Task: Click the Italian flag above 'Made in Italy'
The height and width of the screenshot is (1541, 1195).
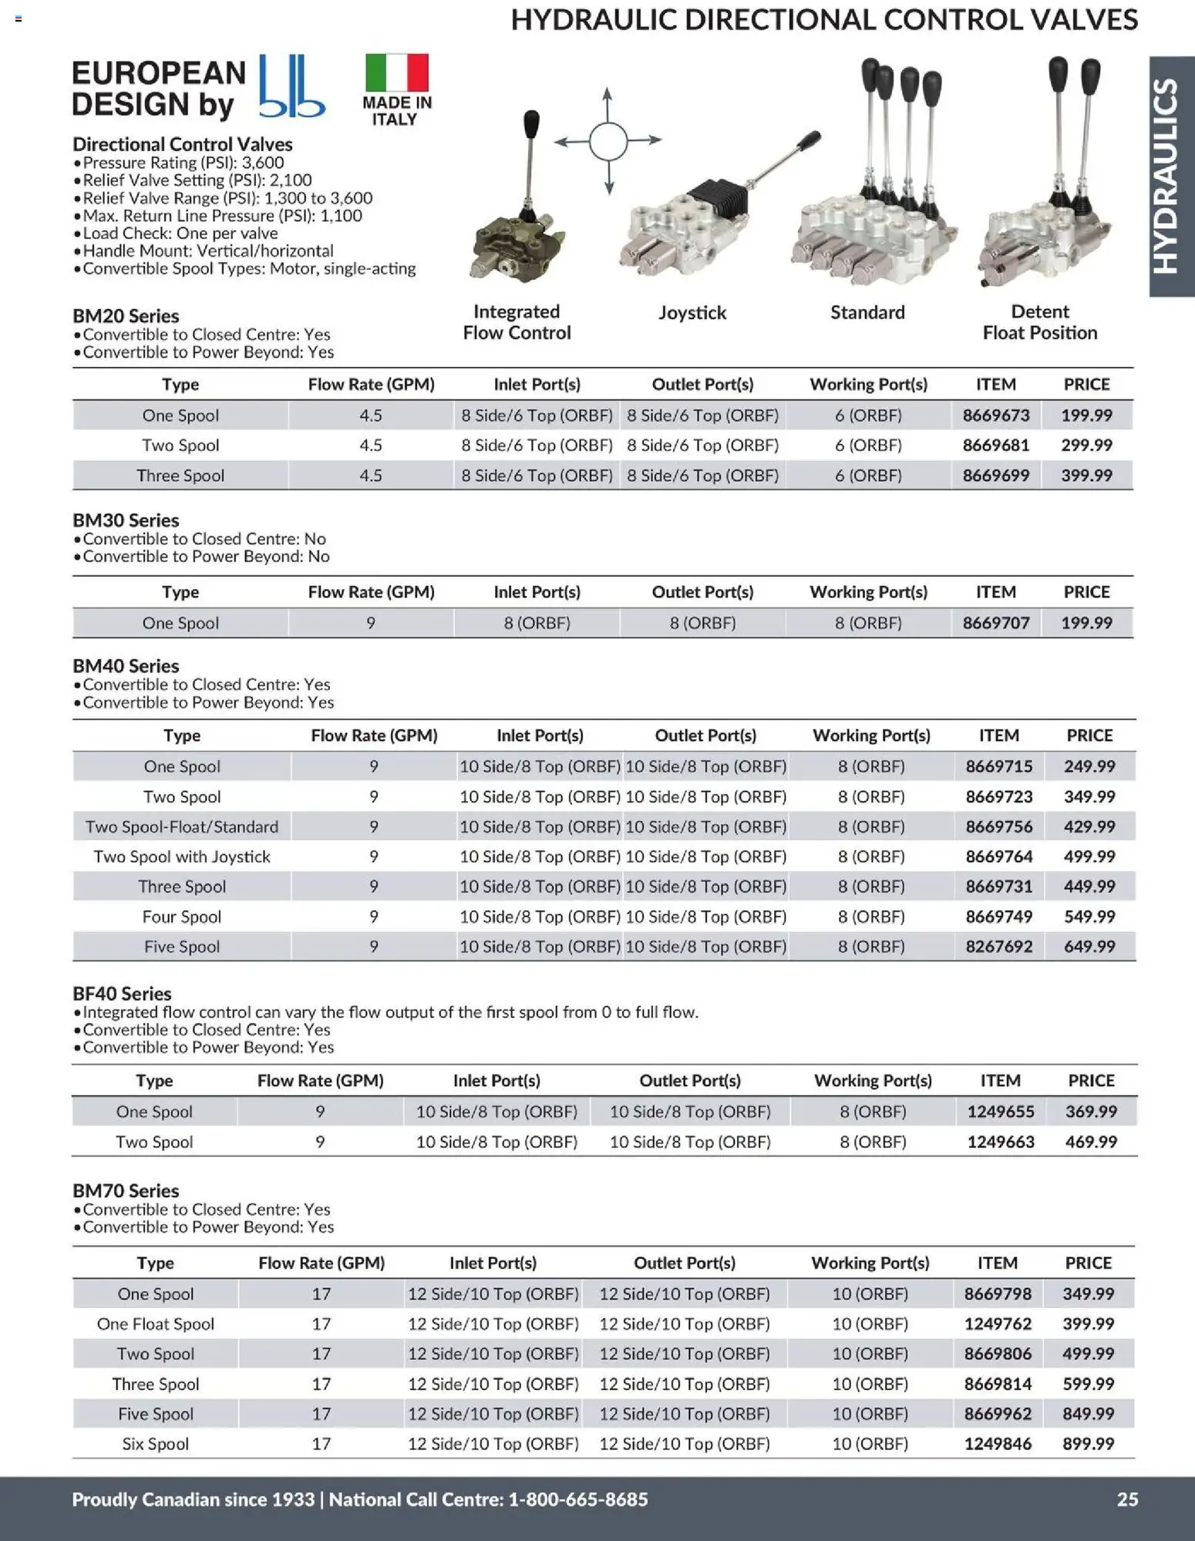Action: point(396,72)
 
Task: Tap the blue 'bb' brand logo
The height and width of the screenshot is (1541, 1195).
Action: point(291,86)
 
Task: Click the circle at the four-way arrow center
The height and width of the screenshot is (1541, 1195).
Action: point(608,140)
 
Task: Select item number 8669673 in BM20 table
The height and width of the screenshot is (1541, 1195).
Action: point(995,416)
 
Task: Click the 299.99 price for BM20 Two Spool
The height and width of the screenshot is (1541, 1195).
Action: point(1086,445)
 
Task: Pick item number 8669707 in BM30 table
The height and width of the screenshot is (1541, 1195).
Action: point(995,623)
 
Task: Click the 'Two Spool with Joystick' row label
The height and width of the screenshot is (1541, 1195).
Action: point(182,856)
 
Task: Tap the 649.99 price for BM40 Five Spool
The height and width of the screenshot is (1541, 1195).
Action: point(1089,947)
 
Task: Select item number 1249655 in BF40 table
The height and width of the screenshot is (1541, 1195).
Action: point(1000,1112)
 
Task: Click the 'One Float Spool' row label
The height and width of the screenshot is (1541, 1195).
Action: point(156,1324)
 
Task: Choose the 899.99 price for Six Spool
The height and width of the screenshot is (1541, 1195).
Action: point(1088,1444)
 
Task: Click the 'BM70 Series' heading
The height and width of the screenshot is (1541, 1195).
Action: point(126,1191)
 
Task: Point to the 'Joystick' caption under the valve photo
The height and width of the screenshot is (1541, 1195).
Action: point(692,312)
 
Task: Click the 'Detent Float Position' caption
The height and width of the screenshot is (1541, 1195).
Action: point(1039,322)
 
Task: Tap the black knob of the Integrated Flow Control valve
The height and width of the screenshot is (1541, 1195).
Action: point(531,123)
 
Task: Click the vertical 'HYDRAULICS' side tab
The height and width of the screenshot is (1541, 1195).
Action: point(1170,177)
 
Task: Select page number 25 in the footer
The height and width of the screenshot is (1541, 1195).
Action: point(1127,1499)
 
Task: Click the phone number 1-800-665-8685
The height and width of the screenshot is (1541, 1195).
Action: point(578,1499)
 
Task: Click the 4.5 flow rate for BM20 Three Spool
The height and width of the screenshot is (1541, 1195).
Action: point(370,476)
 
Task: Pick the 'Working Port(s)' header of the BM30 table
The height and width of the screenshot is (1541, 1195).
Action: point(868,592)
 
